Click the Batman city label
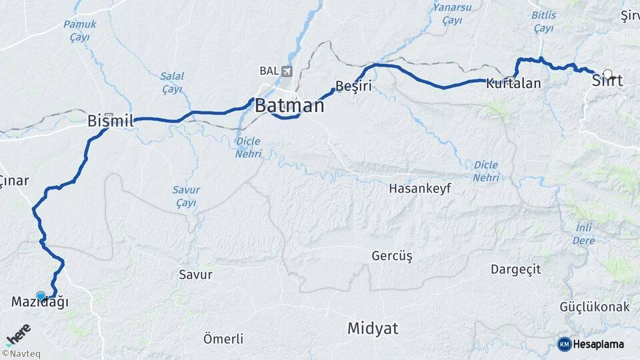click(289, 105)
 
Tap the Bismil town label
click(111, 121)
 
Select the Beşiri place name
click(353, 86)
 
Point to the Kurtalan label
click(513, 84)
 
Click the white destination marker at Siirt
click(607, 75)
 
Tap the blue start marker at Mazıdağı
click(41, 296)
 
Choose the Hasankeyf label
click(421, 189)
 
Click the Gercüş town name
click(392, 255)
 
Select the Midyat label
click(373, 328)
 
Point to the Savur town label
click(195, 274)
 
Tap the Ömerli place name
click(223, 339)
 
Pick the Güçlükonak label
click(595, 307)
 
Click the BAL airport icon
click(287, 71)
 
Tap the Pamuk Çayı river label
click(80, 31)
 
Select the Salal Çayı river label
click(171, 83)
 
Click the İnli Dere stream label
click(583, 234)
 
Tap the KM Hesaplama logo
click(591, 344)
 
